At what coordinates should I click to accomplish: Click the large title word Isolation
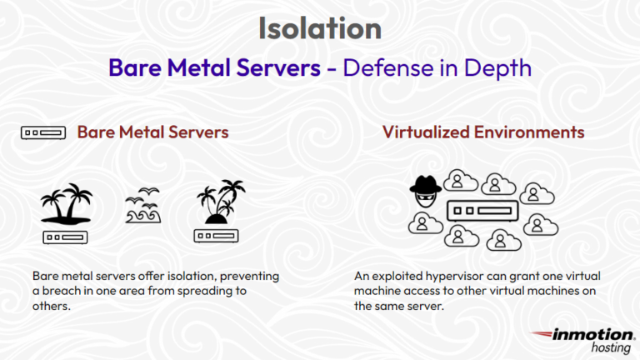pyautogui.click(x=320, y=28)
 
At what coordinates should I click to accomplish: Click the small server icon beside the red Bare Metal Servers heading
pyautogui.click(x=43, y=132)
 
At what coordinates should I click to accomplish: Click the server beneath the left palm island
pyautogui.click(x=66, y=237)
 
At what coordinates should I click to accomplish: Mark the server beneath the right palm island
pyautogui.click(x=216, y=237)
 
